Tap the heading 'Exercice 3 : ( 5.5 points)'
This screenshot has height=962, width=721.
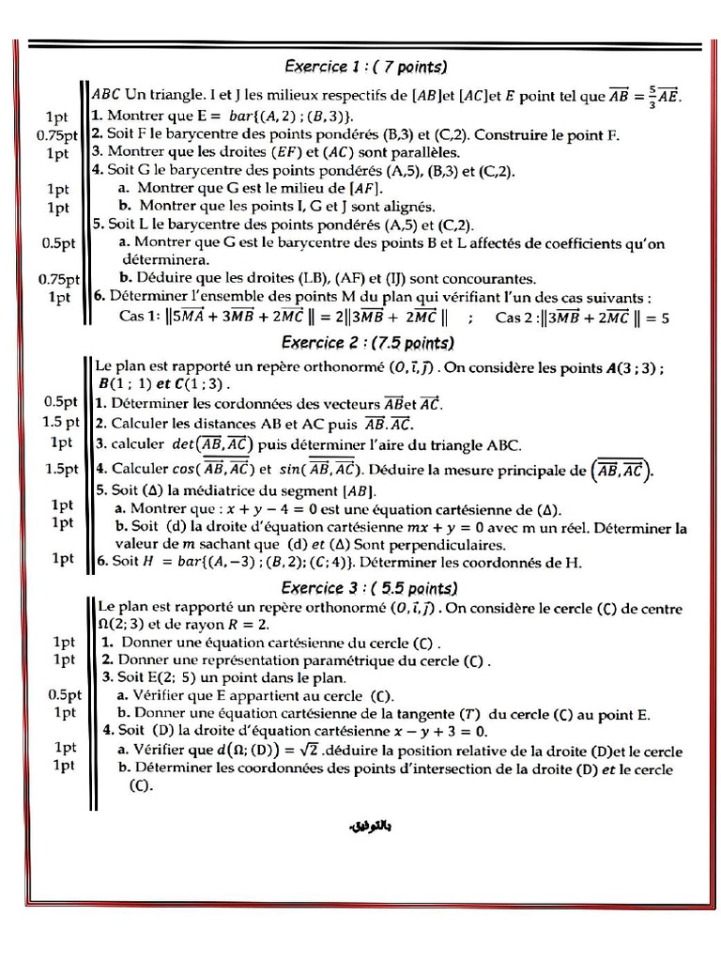tap(369, 588)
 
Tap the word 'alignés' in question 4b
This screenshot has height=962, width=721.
tap(409, 206)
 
